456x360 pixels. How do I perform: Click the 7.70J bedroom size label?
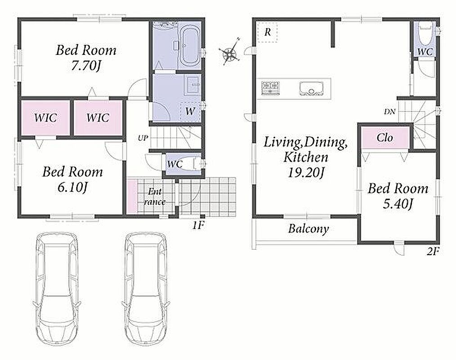(86, 66)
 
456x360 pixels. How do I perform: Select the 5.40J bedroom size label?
(398, 204)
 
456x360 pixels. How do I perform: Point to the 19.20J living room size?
(306, 173)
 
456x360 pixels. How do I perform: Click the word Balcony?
(308, 229)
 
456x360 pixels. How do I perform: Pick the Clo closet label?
(385, 137)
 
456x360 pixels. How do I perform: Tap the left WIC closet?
(46, 118)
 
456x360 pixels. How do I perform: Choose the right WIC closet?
(98, 118)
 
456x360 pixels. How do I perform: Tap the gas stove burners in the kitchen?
(270, 88)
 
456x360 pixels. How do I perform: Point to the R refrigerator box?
(267, 32)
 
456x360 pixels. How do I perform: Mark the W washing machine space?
(191, 112)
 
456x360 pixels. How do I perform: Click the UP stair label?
(143, 138)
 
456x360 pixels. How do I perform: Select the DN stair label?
(389, 111)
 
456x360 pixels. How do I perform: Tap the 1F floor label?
(198, 225)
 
